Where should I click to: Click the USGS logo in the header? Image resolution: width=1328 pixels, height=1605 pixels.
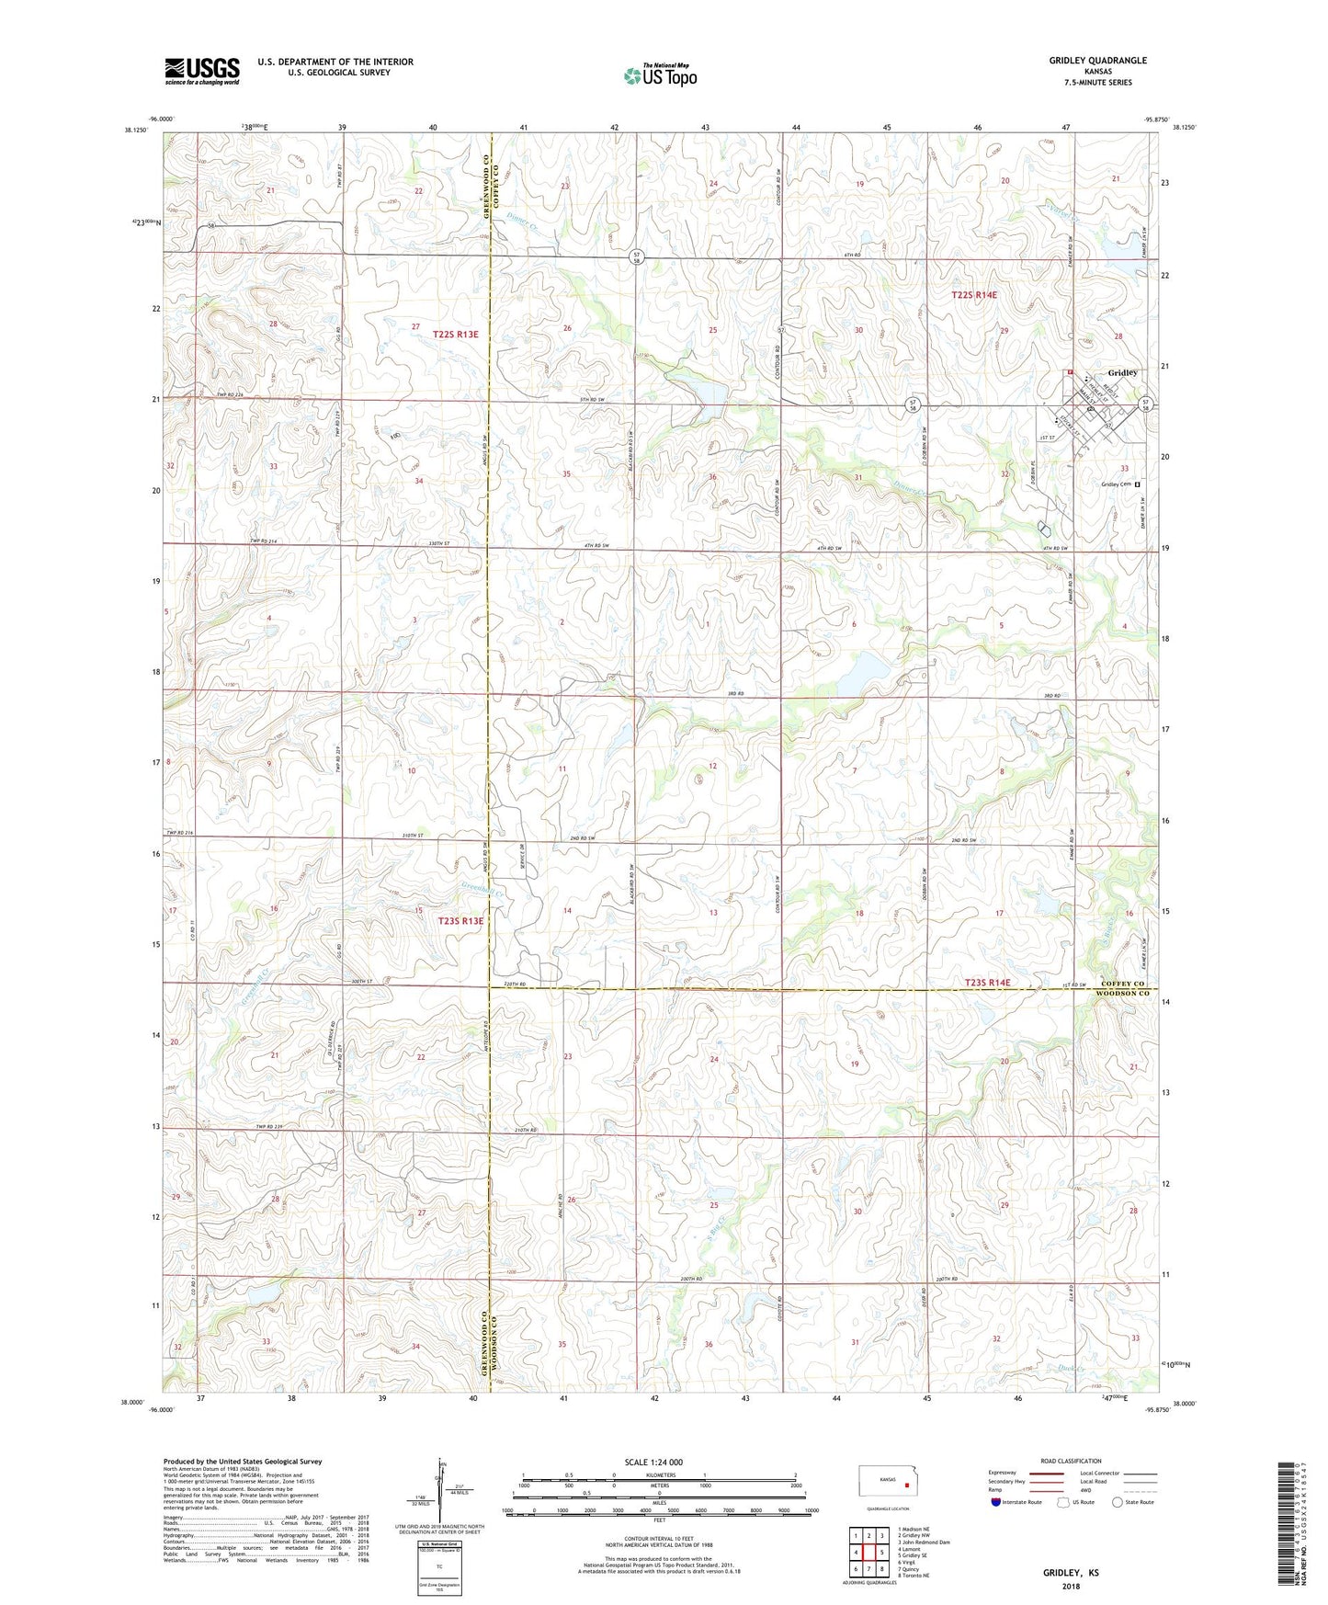click(202, 70)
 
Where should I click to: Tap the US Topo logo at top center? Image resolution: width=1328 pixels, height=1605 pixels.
click(660, 75)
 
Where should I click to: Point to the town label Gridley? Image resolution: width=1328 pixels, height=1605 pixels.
click(1122, 372)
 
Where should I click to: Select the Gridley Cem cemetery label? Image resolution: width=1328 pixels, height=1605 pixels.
click(1117, 484)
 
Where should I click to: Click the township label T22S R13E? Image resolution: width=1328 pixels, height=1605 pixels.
click(456, 335)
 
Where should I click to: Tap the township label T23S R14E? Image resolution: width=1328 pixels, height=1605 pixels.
click(987, 983)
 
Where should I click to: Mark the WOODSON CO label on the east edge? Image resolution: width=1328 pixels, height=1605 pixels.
click(1127, 994)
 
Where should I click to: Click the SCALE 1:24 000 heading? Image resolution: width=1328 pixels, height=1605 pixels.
click(653, 1463)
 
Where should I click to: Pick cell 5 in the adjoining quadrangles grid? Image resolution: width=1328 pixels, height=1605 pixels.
click(880, 1553)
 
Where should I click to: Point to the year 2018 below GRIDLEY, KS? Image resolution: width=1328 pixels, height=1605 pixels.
click(1070, 1587)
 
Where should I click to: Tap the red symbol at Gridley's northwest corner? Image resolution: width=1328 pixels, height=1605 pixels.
click(1070, 372)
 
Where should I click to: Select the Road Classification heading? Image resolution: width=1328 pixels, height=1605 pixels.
click(1072, 1461)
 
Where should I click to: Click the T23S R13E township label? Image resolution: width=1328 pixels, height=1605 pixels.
click(460, 920)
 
